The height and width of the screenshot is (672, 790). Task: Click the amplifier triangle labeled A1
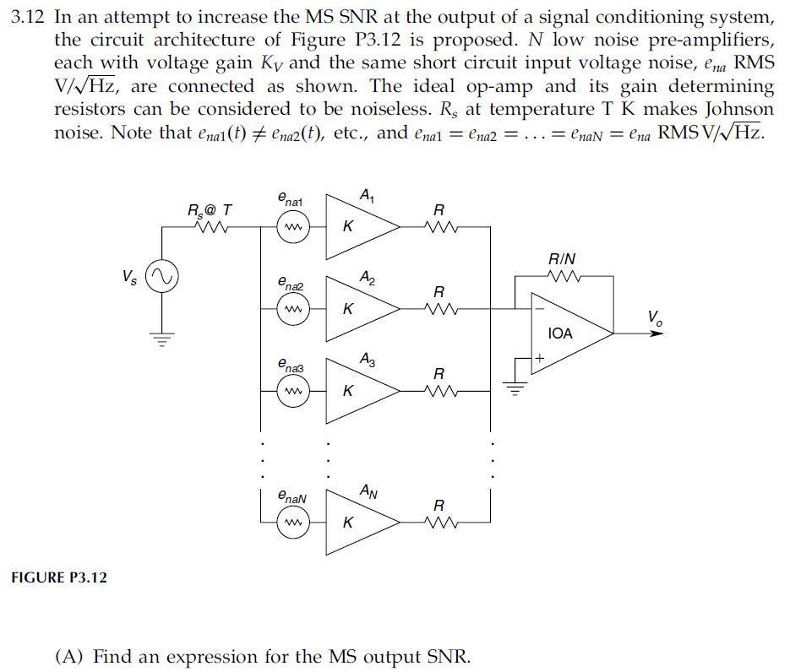(x=359, y=226)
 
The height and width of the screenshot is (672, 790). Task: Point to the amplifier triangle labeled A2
(x=359, y=309)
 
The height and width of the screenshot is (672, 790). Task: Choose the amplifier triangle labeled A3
(x=359, y=391)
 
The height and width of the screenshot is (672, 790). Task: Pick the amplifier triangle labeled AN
(x=359, y=523)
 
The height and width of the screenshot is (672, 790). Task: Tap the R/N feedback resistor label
(x=563, y=258)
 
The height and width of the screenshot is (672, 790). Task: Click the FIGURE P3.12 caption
(x=59, y=577)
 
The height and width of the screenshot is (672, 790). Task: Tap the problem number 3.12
(x=29, y=18)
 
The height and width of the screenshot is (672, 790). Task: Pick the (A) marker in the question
(x=70, y=657)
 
